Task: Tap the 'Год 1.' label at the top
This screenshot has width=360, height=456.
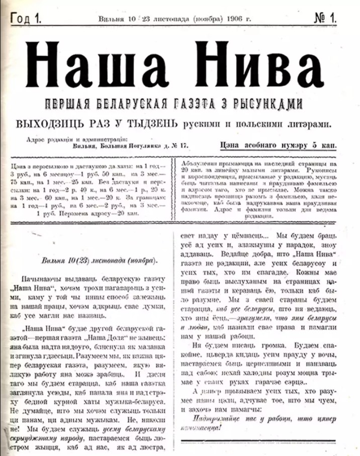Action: [25, 19]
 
